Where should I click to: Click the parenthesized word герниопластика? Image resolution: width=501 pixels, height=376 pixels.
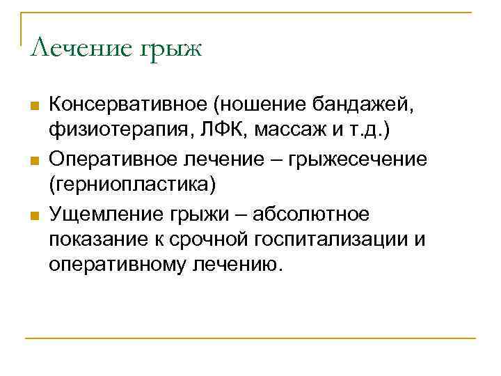click(132, 186)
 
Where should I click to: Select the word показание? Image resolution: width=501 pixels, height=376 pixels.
click(93, 239)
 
